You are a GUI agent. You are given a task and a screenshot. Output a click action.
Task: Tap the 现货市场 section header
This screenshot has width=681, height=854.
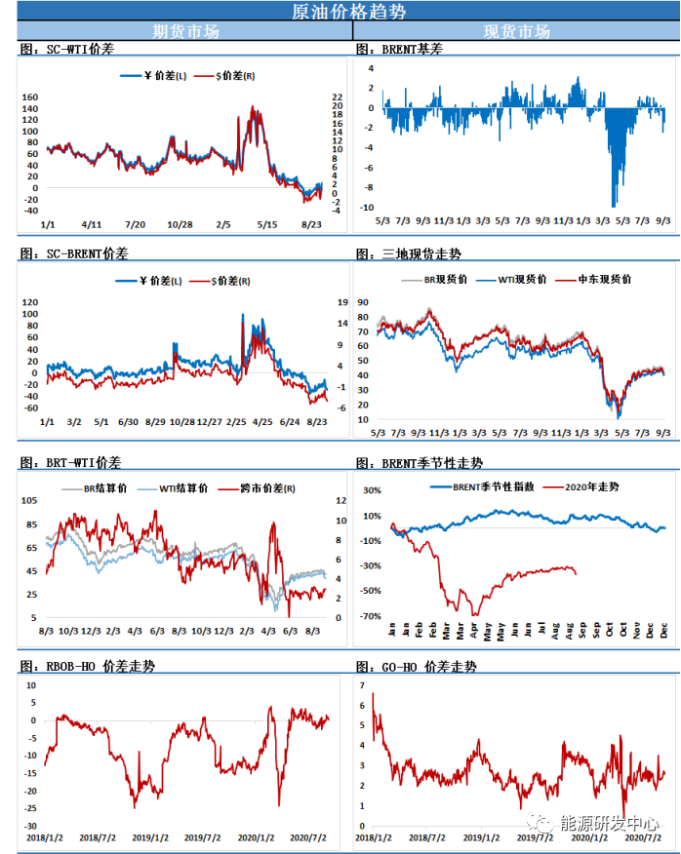(516, 31)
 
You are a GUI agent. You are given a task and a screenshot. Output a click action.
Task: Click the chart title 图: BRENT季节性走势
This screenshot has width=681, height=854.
(420, 462)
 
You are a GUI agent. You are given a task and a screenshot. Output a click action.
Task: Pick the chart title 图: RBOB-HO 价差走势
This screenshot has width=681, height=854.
(87, 666)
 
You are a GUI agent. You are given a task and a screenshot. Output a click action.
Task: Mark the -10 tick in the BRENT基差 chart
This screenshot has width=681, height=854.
(368, 207)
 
